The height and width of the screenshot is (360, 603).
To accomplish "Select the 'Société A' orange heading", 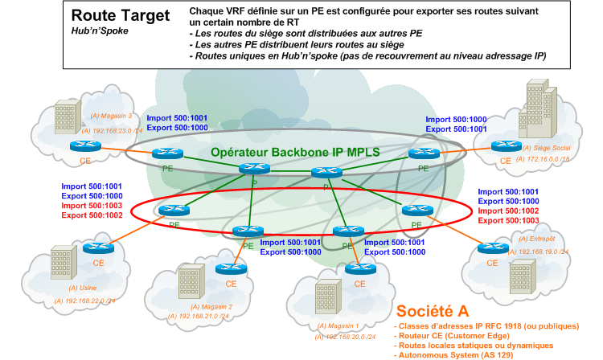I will point(431,311).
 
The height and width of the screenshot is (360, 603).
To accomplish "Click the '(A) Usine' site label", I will point(81,287).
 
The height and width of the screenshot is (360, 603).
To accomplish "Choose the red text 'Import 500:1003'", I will point(92,206).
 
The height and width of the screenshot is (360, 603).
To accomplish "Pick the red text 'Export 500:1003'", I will point(510,220).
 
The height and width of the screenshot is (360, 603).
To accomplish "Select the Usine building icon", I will point(64,262).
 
